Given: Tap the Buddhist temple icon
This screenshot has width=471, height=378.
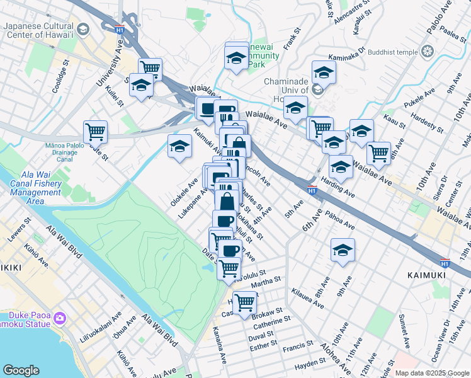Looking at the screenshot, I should pos(428,51).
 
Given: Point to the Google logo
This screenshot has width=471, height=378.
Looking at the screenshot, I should pos(21,370).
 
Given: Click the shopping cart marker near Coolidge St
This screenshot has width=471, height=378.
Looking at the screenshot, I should pos(95,132).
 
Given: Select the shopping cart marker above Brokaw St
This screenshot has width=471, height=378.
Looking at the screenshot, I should pos(244,303).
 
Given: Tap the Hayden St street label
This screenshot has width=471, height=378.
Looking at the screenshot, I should pos(309,365).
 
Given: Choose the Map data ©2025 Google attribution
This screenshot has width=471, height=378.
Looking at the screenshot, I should pos(432,372).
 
